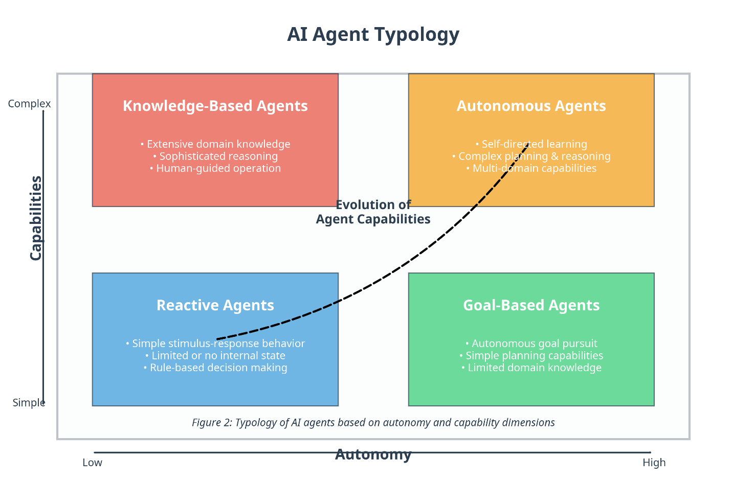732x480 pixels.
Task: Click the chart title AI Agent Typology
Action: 373,35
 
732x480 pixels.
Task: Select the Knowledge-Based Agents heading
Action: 215,106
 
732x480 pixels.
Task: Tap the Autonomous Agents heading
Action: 531,106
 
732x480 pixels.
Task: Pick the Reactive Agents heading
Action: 215,305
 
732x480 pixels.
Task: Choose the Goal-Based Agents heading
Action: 531,305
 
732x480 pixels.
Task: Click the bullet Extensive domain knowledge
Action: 215,144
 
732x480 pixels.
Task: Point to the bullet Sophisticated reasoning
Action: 215,156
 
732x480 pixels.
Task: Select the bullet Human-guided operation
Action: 215,168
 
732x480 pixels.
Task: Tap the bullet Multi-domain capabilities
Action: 531,168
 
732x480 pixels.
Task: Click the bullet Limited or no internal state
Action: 215,356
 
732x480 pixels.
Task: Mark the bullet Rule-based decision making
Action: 215,368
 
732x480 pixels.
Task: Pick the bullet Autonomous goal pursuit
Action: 531,344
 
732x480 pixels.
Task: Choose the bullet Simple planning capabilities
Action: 531,356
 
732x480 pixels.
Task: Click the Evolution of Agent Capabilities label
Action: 373,212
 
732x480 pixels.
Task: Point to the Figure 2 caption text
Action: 373,422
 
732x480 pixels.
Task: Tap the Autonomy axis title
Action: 373,454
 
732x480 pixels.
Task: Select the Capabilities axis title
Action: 36,218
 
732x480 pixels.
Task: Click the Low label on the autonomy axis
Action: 93,463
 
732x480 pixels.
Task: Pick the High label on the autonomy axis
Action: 654,463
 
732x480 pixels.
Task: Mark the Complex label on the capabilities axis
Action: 30,104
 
